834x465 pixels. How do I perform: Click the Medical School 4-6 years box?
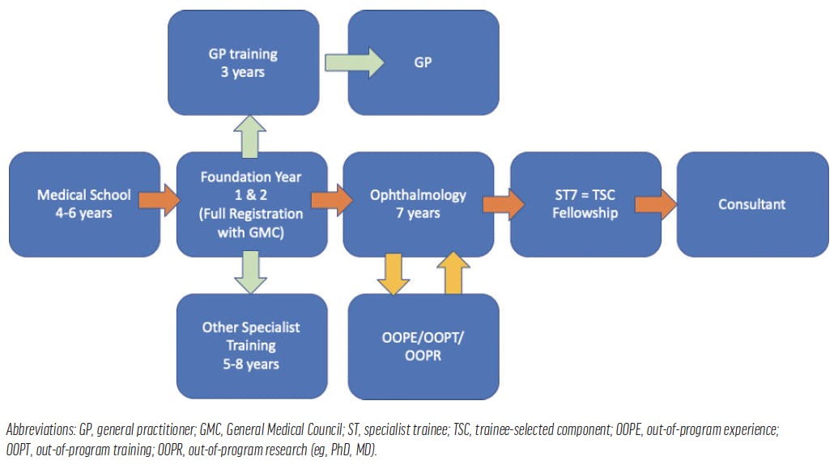pyautogui.click(x=85, y=204)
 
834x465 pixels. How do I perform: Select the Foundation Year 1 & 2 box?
pyautogui.click(x=251, y=204)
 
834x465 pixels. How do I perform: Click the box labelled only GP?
pyautogui.click(x=423, y=62)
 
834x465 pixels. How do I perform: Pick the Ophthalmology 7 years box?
pyautogui.click(x=418, y=204)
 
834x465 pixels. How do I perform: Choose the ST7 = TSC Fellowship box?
pyautogui.click(x=585, y=204)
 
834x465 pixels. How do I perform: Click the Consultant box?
pyautogui.click(x=751, y=204)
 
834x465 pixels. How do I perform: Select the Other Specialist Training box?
pyautogui.click(x=251, y=346)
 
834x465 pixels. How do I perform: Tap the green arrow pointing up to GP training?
pyautogui.click(x=249, y=134)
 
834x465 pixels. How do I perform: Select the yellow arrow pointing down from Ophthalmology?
pyautogui.click(x=394, y=273)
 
